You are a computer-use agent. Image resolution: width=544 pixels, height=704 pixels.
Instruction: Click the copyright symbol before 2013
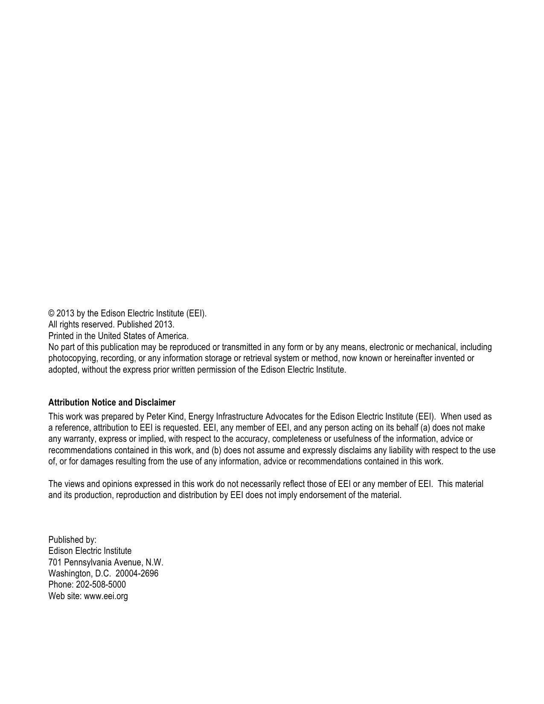tap(52, 313)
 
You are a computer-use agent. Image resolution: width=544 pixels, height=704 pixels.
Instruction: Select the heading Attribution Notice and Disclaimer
tap(112, 403)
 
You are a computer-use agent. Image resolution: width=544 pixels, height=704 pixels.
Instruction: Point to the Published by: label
tap(73, 540)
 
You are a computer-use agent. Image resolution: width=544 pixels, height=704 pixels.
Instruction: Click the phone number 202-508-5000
tap(101, 585)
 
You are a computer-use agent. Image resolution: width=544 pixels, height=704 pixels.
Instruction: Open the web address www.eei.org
tap(106, 596)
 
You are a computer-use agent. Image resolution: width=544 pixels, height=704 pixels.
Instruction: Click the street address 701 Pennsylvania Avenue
tap(105, 562)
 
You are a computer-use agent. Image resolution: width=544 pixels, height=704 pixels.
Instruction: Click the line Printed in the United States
tap(118, 336)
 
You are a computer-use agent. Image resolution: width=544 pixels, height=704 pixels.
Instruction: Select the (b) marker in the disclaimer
tap(216, 450)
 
